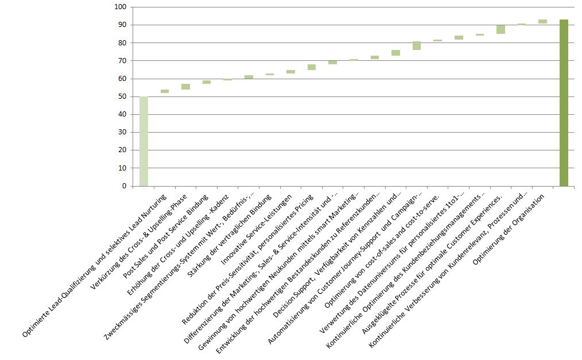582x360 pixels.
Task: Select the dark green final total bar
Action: [564, 103]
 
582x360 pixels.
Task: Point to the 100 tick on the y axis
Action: [121, 7]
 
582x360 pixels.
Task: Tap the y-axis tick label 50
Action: [122, 96]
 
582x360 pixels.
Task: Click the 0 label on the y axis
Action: [124, 186]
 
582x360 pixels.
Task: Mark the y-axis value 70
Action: [122, 61]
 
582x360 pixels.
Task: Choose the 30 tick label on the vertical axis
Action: [122, 132]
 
